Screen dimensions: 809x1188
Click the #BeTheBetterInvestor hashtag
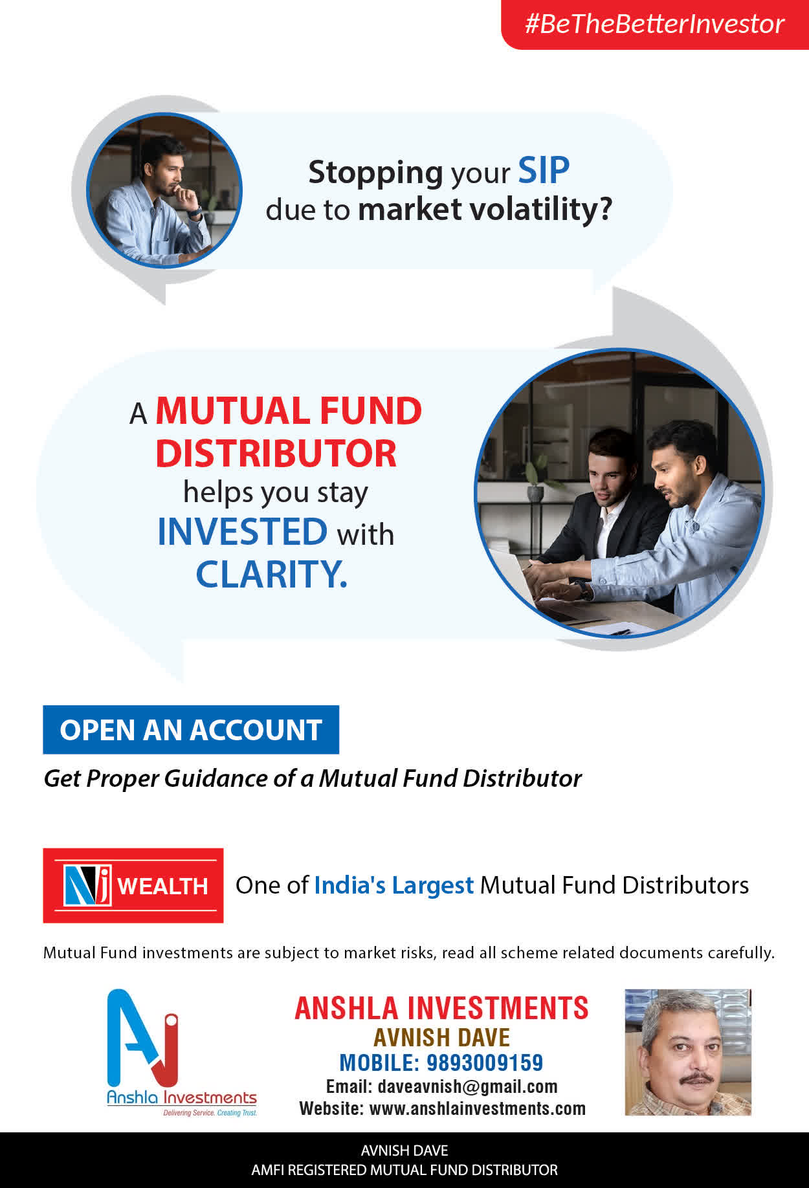654,24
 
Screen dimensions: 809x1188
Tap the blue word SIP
544,171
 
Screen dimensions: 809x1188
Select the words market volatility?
485,210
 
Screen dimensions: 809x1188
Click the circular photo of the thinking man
164,190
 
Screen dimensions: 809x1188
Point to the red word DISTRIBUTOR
276,453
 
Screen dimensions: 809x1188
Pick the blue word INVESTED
242,531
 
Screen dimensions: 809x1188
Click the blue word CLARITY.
271,573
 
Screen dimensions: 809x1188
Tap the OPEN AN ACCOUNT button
191,730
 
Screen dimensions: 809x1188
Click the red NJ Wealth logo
133,885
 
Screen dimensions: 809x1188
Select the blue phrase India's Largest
393,885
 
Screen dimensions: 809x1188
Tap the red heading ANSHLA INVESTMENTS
441,1008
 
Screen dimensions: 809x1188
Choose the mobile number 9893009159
485,1062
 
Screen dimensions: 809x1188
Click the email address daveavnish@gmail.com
467,1086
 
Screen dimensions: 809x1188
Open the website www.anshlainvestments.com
477,1108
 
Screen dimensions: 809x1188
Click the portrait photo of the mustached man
688,1052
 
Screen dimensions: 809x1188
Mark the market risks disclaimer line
408,952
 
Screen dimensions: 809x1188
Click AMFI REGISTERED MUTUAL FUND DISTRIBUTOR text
404,1170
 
